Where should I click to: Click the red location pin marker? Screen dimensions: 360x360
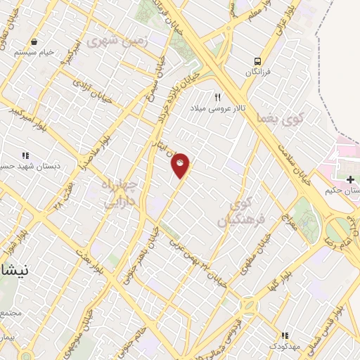(x=181, y=165)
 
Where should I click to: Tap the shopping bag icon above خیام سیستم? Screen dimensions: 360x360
(x=34, y=41)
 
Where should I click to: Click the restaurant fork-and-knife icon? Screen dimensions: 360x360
(x=217, y=97)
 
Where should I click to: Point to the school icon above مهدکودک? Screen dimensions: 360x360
(x=285, y=336)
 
